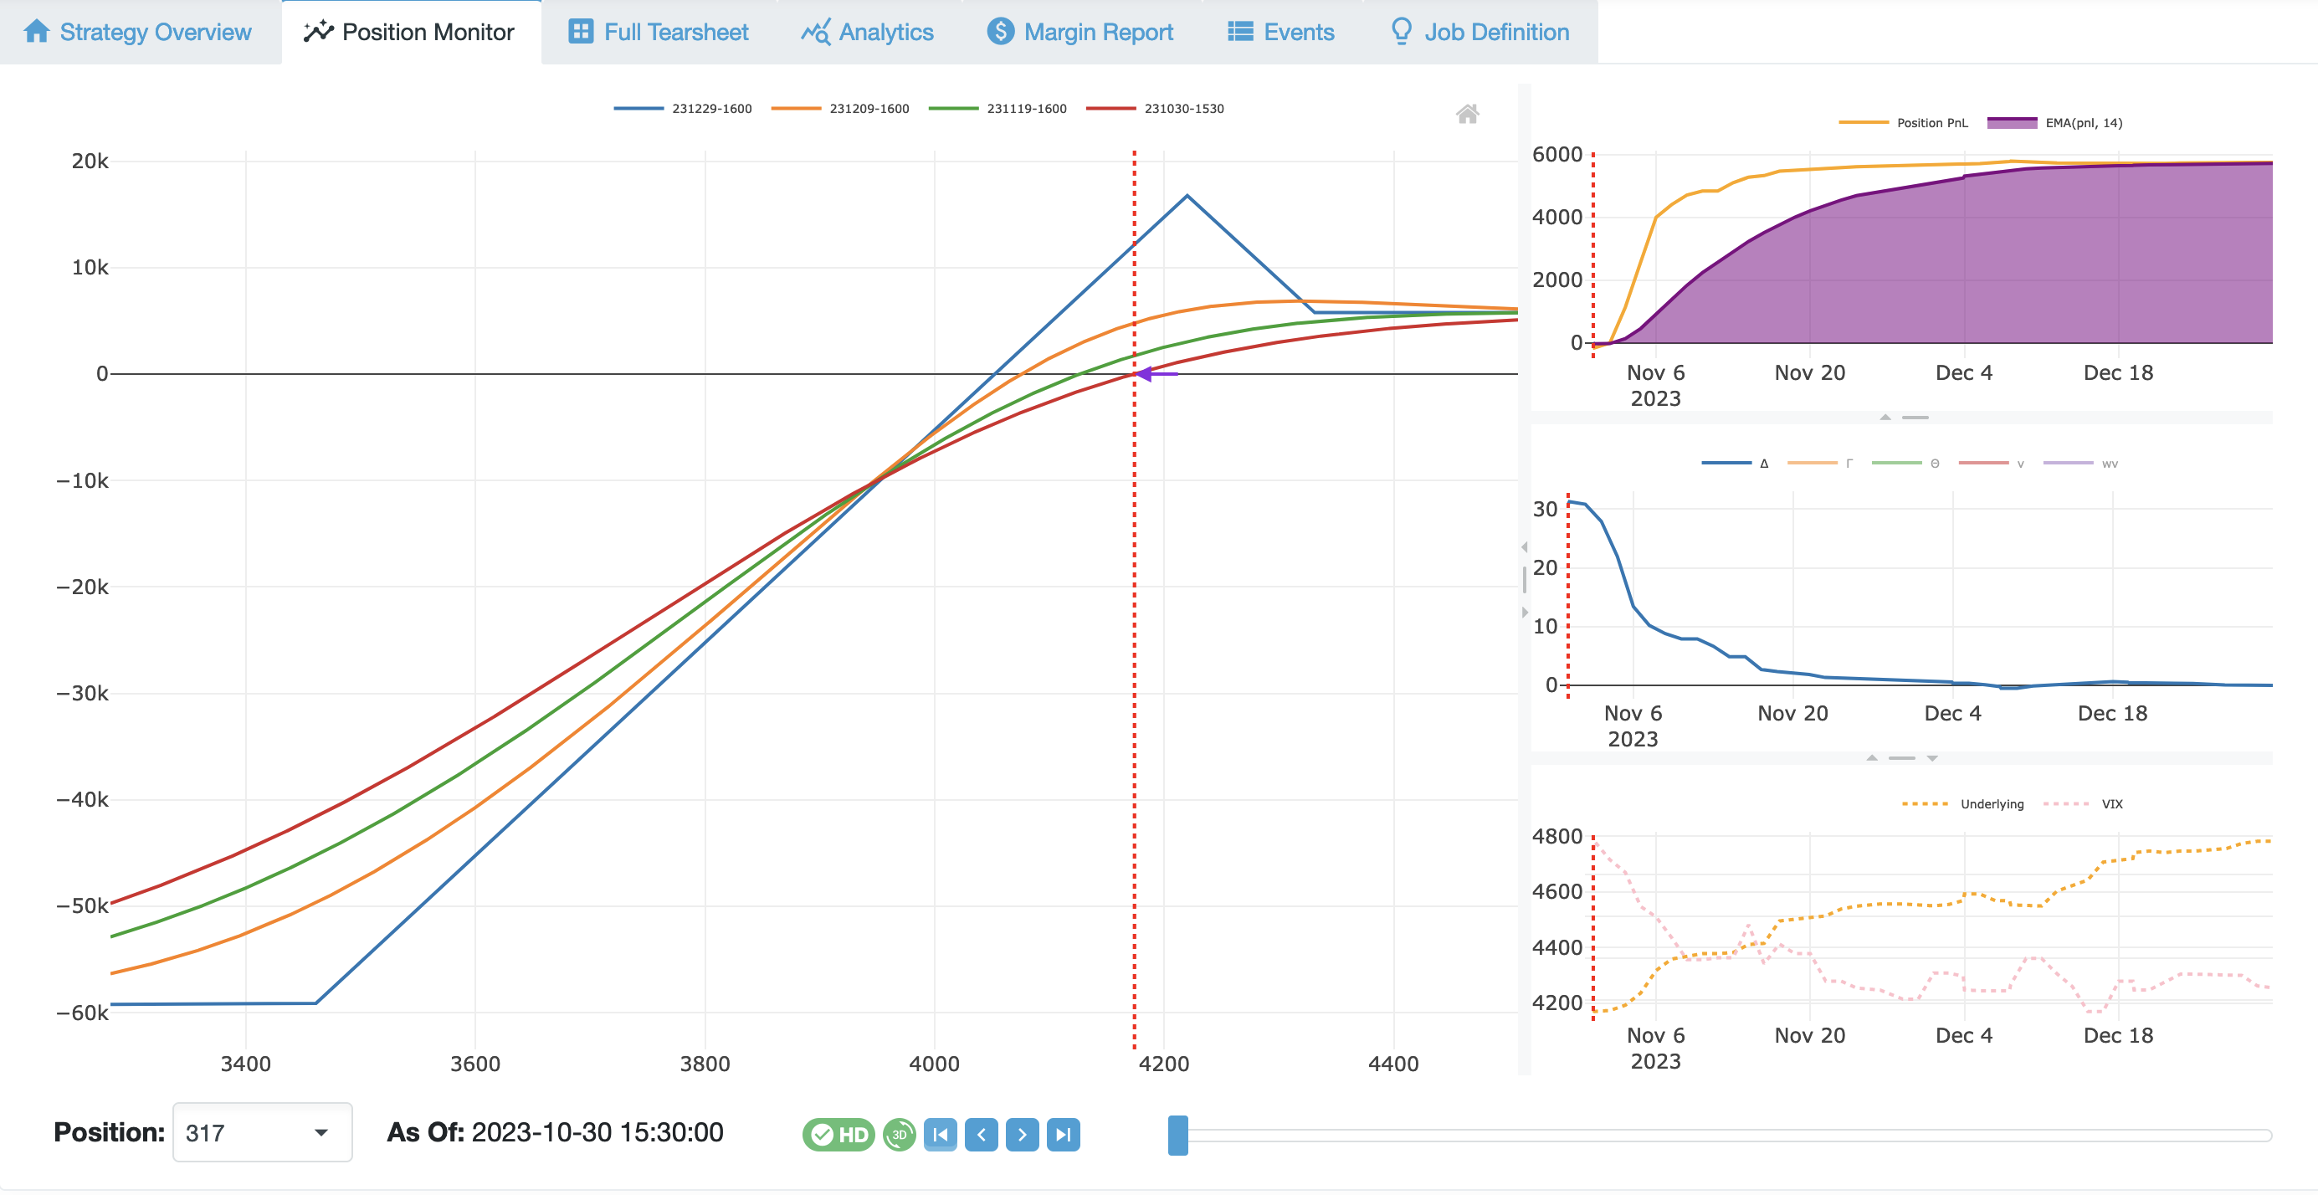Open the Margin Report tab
click(1080, 33)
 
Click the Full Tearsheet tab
click(659, 33)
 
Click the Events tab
click(1280, 33)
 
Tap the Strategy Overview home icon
click(37, 32)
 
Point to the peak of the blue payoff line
click(1187, 195)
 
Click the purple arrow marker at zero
click(1146, 373)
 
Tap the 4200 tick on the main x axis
click(1163, 1064)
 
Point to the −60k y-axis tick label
click(82, 1013)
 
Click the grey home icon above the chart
click(1467, 113)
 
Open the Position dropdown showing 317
click(261, 1133)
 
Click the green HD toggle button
click(838, 1135)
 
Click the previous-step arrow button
click(981, 1135)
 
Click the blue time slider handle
click(1177, 1135)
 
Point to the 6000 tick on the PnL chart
click(1556, 155)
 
